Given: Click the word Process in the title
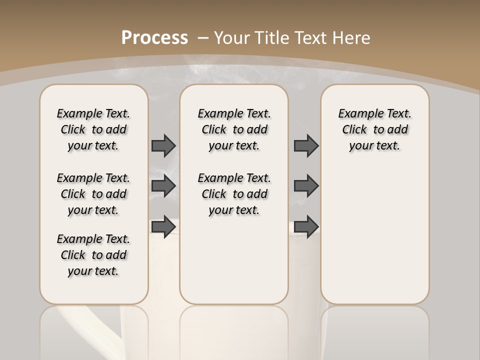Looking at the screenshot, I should [154, 37].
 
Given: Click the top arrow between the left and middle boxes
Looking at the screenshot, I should [163, 145].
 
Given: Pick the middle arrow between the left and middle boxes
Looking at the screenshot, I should [163, 186].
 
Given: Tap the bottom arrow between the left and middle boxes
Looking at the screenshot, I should [163, 226].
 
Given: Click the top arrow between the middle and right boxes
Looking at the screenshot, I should [306, 145].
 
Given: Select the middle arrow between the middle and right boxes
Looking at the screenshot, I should [306, 186].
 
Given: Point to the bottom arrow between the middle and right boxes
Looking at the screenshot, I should [306, 226].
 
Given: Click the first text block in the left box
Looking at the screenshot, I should [93, 129].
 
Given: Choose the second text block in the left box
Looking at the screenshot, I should [93, 194].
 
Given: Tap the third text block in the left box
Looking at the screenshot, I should [93, 255].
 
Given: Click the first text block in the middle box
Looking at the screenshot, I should [234, 129].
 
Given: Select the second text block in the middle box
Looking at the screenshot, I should [234, 194].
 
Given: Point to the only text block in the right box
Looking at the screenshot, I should [375, 129].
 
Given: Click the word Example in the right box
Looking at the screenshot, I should [357, 114].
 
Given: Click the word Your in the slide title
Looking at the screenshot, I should [232, 37].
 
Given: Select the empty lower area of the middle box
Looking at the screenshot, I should [234, 260].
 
